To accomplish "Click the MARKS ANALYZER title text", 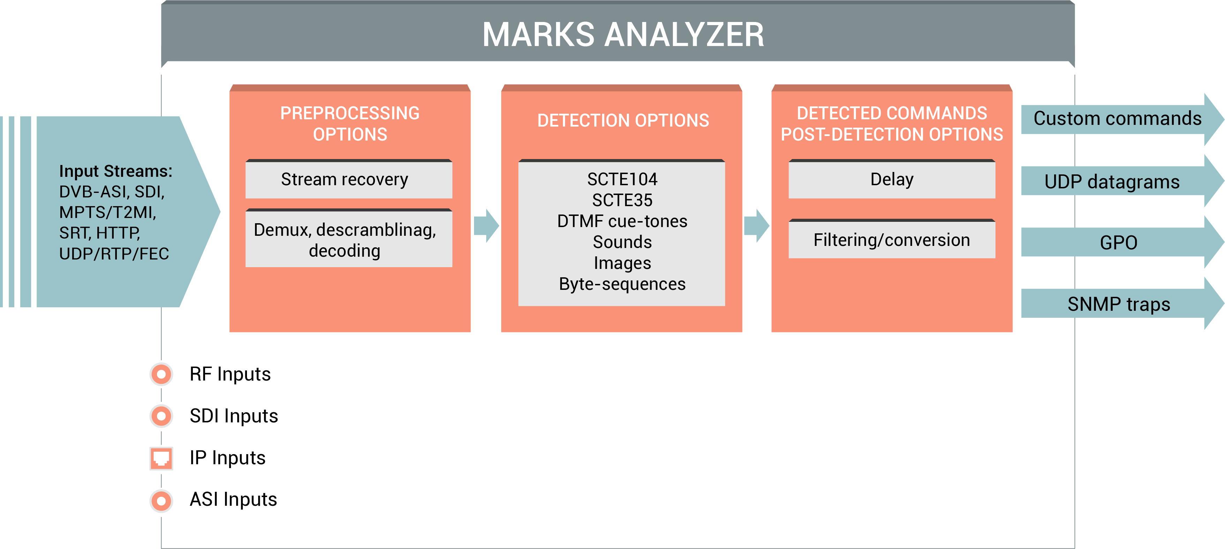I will (623, 35).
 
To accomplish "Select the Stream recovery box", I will (348, 180).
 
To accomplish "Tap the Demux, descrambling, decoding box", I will (348, 240).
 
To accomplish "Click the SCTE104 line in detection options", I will (622, 179).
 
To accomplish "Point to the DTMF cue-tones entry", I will (622, 221).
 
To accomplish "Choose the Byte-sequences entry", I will (622, 284).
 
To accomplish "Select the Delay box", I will (892, 180).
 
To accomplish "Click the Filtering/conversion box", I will (892, 240).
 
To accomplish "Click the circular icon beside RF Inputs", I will (161, 374).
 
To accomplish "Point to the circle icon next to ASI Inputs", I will (161, 500).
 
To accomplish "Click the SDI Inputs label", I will (233, 416).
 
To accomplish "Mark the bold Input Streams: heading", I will (115, 171).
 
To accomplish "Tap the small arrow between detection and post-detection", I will (756, 225).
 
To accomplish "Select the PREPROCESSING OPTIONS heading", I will (350, 123).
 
